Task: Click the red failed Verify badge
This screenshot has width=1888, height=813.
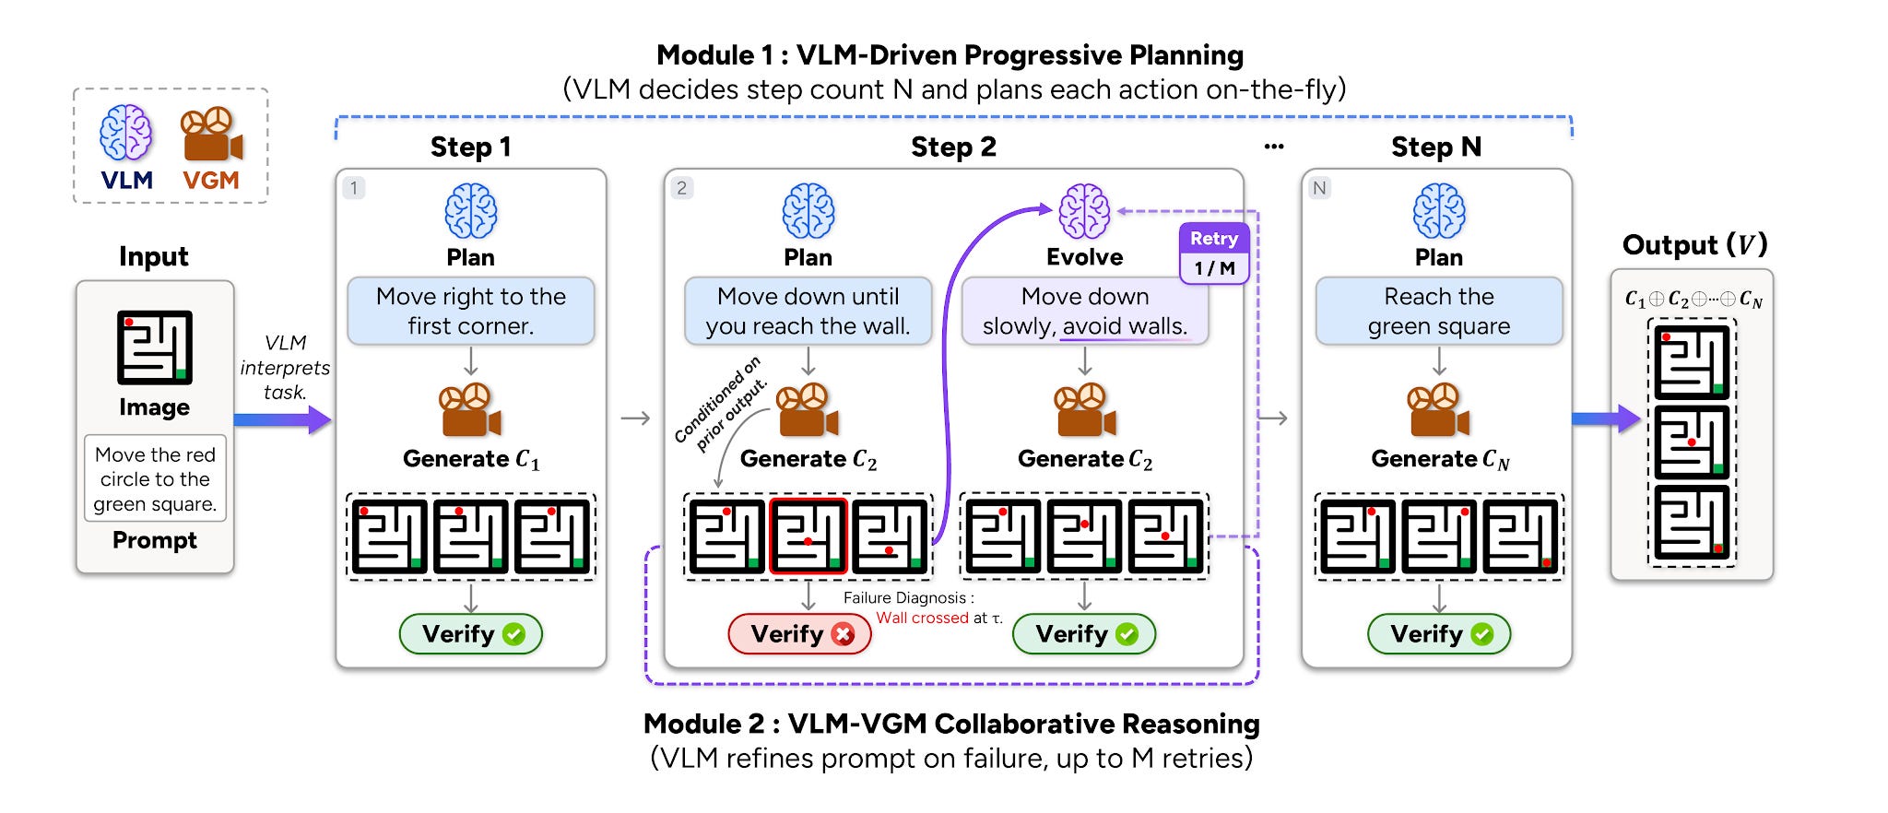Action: pyautogui.click(x=799, y=634)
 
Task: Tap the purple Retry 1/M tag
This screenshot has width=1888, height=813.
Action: pyautogui.click(x=1214, y=253)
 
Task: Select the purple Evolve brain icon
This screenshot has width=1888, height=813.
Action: pyautogui.click(x=1084, y=211)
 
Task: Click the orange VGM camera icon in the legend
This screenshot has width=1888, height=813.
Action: pyautogui.click(x=212, y=135)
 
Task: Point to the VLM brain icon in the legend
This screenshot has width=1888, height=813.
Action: pyautogui.click(x=126, y=133)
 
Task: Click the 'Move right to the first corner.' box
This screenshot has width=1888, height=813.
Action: pyautogui.click(x=471, y=312)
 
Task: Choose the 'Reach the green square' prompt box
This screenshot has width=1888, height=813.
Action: pyautogui.click(x=1439, y=312)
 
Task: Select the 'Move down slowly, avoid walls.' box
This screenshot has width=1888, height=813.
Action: pyautogui.click(x=1085, y=312)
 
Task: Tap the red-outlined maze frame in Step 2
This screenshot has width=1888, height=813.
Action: pyautogui.click(x=808, y=536)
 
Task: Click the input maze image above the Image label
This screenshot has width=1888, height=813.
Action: pyautogui.click(x=155, y=348)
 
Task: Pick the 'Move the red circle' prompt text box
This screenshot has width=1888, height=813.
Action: pyautogui.click(x=155, y=478)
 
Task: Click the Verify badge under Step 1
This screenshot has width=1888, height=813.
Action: pyautogui.click(x=471, y=634)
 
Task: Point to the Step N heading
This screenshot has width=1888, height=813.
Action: pyautogui.click(x=1436, y=147)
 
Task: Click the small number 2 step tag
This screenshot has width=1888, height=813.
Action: pyautogui.click(x=681, y=188)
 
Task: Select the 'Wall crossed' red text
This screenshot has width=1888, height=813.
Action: pyautogui.click(x=922, y=618)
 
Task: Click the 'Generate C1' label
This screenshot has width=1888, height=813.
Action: pyautogui.click(x=471, y=459)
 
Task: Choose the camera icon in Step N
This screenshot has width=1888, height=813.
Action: pyautogui.click(x=1438, y=410)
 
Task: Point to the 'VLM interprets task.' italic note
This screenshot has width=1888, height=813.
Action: pyautogui.click(x=285, y=368)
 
